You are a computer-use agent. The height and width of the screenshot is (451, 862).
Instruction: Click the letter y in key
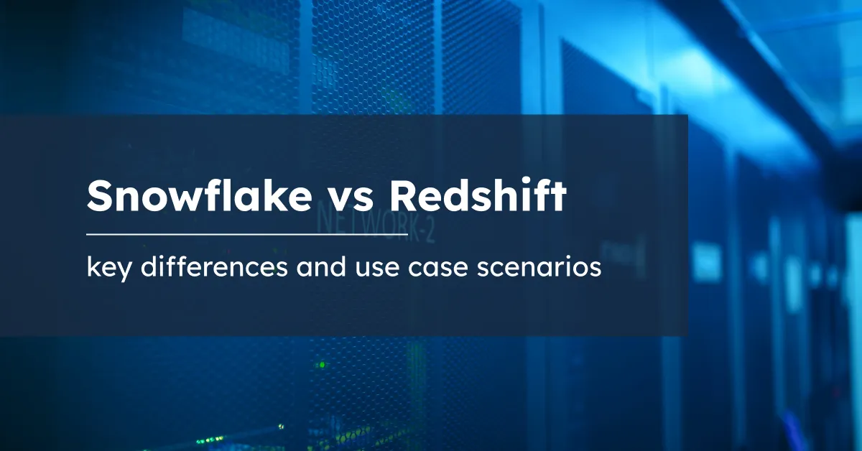pyautogui.click(x=126, y=273)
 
